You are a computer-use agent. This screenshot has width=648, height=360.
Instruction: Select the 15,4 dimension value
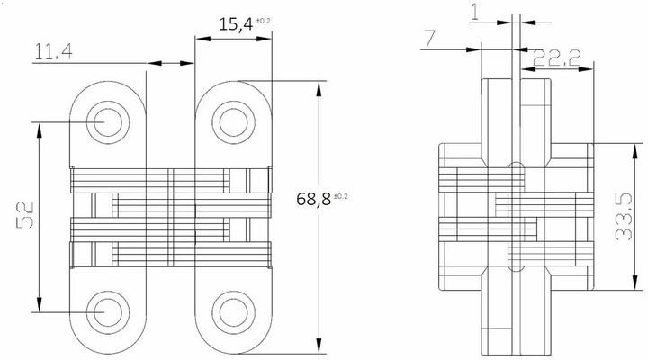click(x=235, y=24)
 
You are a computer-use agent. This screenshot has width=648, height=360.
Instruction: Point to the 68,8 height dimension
click(x=314, y=199)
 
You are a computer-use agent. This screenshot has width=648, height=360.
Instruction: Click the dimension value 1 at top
click(x=474, y=10)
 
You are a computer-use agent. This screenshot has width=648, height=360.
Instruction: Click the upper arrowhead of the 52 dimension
click(x=39, y=127)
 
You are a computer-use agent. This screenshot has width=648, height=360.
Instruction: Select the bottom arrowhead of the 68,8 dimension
click(x=319, y=346)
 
